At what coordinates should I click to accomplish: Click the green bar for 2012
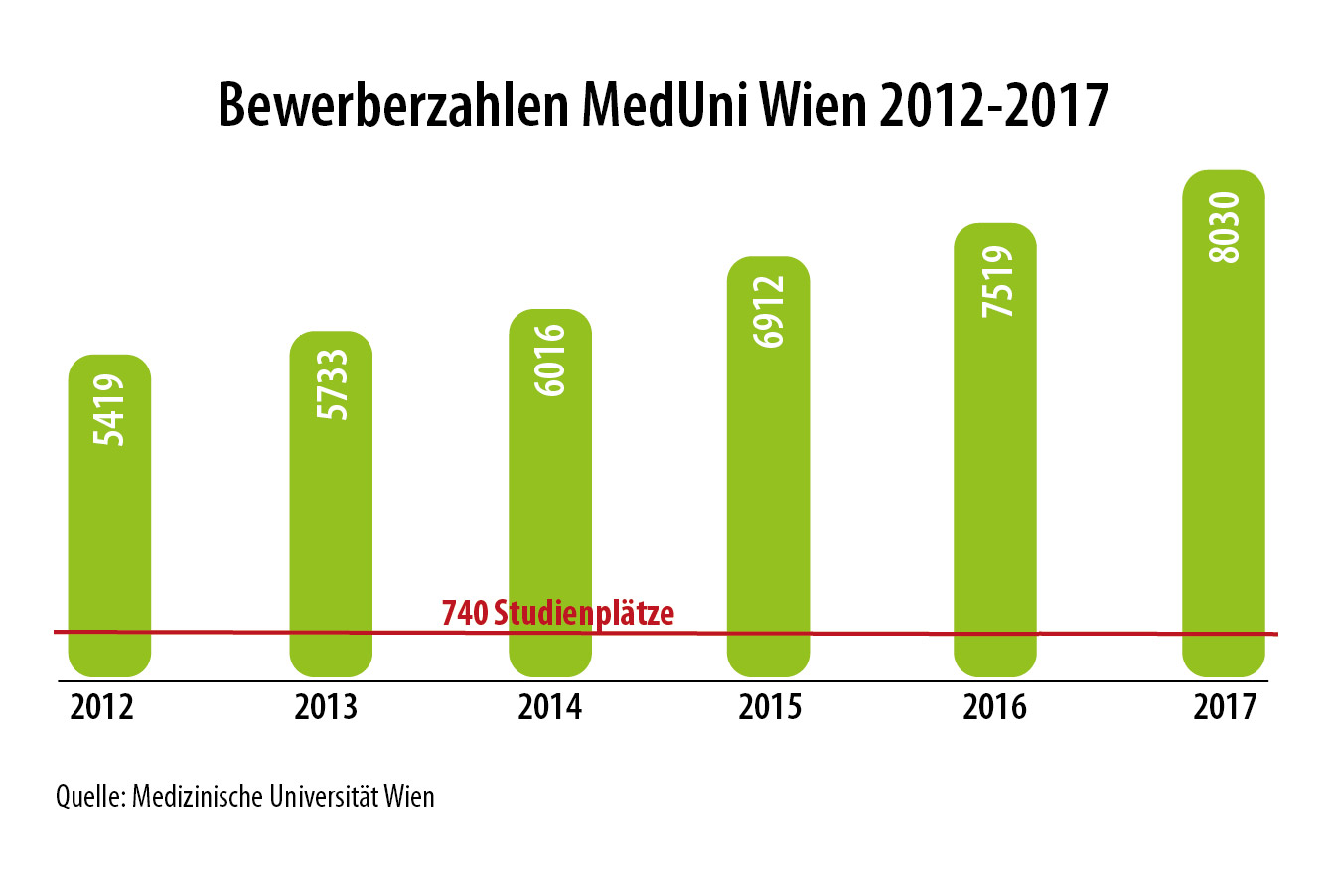coord(109,516)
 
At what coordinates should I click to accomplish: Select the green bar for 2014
coord(550,497)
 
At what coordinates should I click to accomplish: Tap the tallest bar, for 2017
coord(1224,427)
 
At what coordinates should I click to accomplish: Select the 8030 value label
coord(1225,227)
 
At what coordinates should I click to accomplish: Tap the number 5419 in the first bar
coord(110,409)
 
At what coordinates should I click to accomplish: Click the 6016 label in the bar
coord(551,360)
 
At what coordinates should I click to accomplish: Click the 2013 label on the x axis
coord(327,708)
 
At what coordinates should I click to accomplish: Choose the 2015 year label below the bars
coord(770,708)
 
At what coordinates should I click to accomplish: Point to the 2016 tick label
coord(995,708)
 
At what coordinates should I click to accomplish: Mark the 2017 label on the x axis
coord(1225,708)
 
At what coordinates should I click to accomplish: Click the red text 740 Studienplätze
coord(557,613)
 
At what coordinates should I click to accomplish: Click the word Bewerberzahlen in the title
coord(387,106)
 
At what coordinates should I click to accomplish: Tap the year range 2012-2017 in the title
coord(993,106)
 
